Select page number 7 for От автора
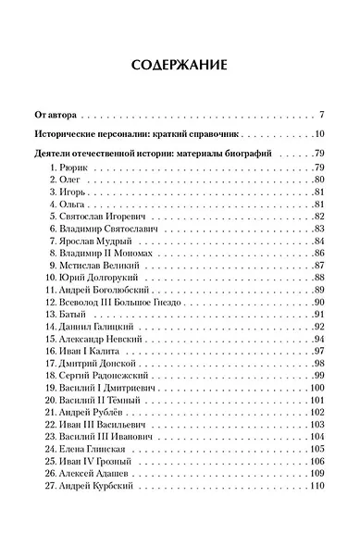click(x=320, y=116)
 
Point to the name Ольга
click(x=69, y=202)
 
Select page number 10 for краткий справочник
click(x=317, y=135)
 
